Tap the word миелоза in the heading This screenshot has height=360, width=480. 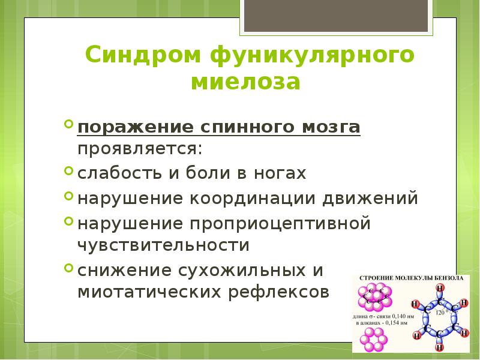point(245,82)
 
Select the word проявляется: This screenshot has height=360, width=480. point(139,148)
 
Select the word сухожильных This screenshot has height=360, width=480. point(242,270)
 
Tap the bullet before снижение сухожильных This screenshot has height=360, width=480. point(69,268)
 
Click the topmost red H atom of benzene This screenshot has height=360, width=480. point(440,289)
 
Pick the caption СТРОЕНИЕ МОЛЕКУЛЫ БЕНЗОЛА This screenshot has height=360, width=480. point(410,279)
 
